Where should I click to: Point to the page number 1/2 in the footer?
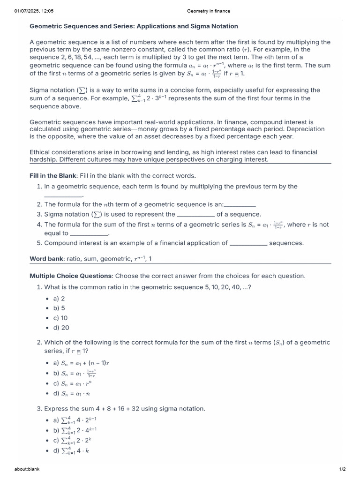342,469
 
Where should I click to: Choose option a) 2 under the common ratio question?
59,298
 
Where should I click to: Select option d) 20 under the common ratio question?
61,328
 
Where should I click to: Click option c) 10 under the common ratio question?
60,318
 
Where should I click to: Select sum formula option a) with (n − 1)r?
82,363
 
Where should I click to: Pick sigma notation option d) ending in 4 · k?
75,451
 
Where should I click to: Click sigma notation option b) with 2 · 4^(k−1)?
80,430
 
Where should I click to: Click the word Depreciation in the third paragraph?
308,129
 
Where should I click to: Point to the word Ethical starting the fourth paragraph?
42,152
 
